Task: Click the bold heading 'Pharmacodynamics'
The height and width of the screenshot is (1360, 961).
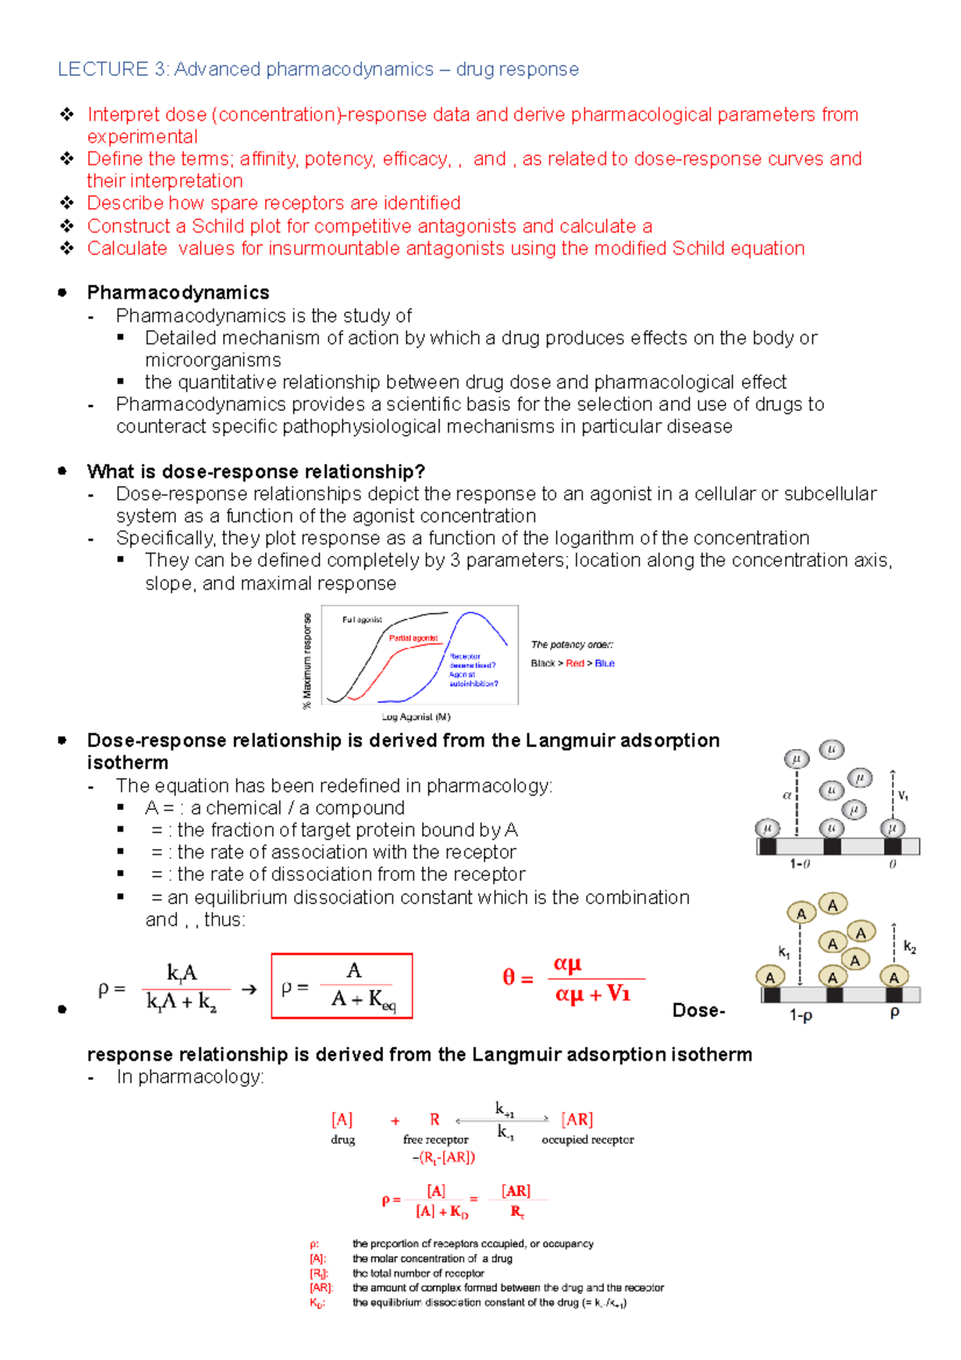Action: click(x=178, y=292)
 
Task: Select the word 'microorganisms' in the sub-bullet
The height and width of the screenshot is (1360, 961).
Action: click(x=213, y=360)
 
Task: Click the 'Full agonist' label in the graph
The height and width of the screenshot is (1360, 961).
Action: click(x=362, y=620)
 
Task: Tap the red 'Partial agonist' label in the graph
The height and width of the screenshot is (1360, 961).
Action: click(x=413, y=638)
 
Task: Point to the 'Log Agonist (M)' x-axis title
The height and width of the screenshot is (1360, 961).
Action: click(x=416, y=717)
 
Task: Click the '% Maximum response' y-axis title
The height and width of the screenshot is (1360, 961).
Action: click(x=307, y=662)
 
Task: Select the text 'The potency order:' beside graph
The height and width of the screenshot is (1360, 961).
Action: click(x=572, y=645)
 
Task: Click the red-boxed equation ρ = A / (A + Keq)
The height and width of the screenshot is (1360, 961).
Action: click(x=342, y=986)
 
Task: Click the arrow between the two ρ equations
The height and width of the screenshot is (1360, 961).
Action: click(x=249, y=990)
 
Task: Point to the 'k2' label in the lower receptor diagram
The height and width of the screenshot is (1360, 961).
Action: click(x=910, y=947)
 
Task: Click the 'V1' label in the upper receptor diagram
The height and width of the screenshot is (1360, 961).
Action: click(x=903, y=795)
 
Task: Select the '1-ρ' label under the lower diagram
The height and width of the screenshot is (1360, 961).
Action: click(x=800, y=1016)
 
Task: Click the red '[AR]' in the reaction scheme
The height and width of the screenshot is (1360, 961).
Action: click(x=577, y=1119)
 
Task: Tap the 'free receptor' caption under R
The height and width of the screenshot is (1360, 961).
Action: click(x=436, y=1140)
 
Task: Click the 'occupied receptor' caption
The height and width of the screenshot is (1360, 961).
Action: click(x=587, y=1140)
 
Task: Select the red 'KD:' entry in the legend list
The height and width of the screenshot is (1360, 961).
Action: click(x=317, y=1303)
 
